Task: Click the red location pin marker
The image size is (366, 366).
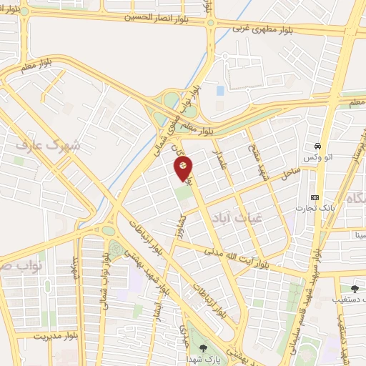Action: point(183,167)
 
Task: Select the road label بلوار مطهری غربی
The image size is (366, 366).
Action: point(264,29)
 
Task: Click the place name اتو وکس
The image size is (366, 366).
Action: point(316,156)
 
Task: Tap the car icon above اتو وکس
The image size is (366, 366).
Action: point(317,146)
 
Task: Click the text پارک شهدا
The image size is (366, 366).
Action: point(197,358)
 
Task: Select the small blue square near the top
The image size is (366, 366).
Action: point(220,91)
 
